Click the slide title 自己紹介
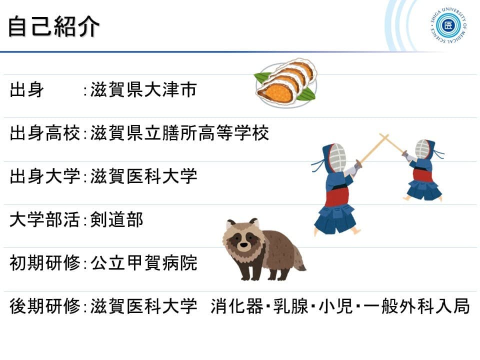point(54,26)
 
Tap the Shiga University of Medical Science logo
point(448,25)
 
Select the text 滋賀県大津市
point(143,89)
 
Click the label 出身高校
point(45,133)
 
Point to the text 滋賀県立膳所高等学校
point(179,133)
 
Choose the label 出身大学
point(45,176)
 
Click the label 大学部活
point(45,220)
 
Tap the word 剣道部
point(116,220)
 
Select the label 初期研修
point(45,263)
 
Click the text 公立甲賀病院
point(143,263)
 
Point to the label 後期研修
point(45,306)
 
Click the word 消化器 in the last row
point(237,306)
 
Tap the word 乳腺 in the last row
point(291,306)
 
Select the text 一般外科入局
point(416,306)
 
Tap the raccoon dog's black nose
point(243,245)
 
